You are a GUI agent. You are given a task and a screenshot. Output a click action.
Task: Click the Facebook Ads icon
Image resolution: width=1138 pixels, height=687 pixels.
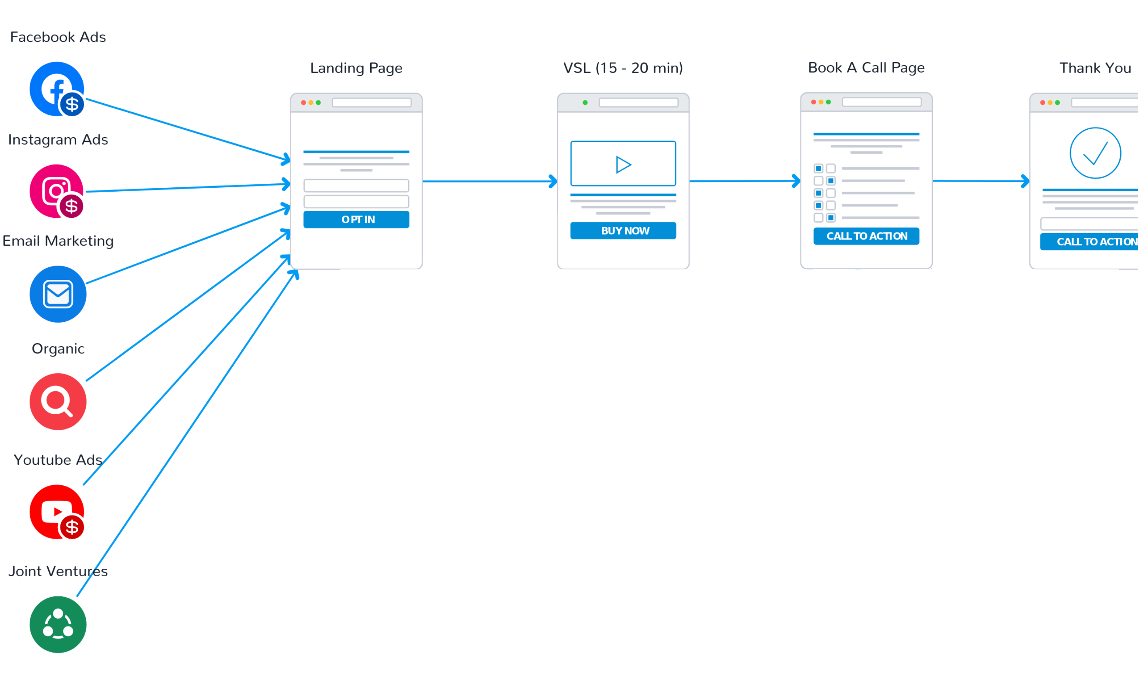point(57,89)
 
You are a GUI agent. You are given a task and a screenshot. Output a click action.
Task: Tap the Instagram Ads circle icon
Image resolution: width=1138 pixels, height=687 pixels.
point(57,191)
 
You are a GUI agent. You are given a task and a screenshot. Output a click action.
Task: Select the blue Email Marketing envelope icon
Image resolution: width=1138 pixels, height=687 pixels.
point(58,294)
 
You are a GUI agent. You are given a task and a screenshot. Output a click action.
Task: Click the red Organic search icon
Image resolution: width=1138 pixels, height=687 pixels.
point(58,402)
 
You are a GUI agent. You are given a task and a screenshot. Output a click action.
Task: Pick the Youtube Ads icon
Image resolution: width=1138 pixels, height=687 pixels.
point(57,512)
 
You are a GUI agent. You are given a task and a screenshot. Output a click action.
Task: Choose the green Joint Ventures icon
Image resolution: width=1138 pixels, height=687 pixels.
point(58,624)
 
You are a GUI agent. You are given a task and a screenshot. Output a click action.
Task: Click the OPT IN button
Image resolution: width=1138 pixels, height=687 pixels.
point(356,219)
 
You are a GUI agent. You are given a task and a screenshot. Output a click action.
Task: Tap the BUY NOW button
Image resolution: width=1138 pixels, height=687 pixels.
point(623,230)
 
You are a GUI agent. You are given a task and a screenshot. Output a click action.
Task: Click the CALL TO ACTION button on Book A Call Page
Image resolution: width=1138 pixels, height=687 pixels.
point(867,236)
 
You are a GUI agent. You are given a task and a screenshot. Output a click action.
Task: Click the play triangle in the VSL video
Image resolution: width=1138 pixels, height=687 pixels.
point(623,164)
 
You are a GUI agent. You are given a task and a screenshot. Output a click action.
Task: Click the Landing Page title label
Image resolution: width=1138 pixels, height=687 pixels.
point(356,68)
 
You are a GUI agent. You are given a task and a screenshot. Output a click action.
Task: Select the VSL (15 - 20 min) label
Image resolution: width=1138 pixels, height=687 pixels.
point(623,68)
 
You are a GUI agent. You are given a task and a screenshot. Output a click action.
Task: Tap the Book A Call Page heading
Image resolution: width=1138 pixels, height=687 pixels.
point(867,68)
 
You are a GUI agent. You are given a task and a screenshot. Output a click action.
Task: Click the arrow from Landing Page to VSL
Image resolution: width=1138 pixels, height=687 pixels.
point(490,181)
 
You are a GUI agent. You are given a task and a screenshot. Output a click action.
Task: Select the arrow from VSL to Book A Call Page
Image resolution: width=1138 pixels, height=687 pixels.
point(745,181)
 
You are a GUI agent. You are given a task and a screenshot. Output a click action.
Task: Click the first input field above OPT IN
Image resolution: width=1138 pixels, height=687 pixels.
point(356,186)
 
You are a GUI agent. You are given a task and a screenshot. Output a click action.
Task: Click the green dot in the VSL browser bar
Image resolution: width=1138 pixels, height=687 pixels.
point(585,102)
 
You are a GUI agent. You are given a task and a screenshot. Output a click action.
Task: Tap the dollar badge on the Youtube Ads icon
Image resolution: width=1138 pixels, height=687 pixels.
point(72,527)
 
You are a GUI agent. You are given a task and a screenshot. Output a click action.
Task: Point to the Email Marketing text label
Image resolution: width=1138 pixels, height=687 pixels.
point(58,241)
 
